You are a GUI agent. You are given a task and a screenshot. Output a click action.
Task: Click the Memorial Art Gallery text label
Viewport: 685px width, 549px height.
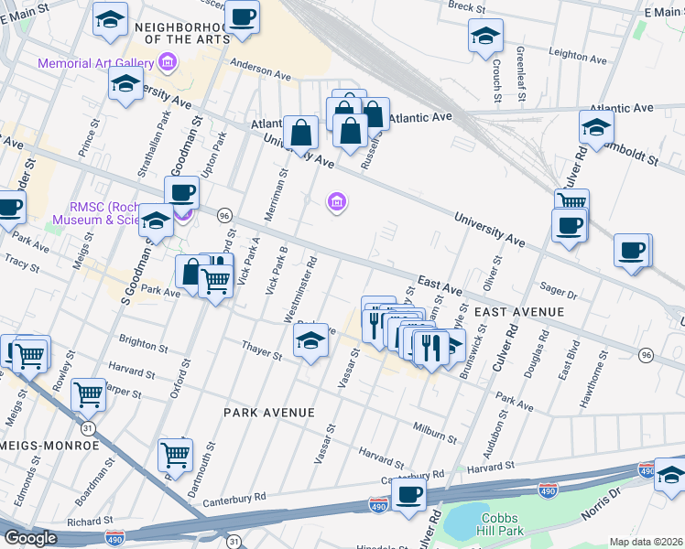[x=95, y=63]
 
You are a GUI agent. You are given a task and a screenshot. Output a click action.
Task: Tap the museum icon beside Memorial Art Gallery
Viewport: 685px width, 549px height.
[x=167, y=62]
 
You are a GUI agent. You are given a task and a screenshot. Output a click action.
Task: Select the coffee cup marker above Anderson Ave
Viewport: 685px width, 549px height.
[x=243, y=18]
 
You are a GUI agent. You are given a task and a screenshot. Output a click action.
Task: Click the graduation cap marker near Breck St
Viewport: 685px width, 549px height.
[x=485, y=37]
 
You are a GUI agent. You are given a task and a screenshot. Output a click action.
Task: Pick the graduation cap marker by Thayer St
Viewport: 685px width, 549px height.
[x=310, y=342]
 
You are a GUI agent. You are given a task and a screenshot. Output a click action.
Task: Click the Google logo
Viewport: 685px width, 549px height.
[x=30, y=538]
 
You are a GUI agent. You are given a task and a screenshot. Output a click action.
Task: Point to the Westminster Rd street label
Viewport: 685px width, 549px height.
[x=300, y=289]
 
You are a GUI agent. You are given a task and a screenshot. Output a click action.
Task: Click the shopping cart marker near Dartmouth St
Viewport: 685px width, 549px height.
[x=174, y=454]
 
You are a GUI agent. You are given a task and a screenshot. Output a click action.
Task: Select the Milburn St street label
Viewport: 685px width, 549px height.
[x=434, y=433]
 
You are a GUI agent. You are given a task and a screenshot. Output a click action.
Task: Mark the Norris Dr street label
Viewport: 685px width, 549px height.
[x=601, y=504]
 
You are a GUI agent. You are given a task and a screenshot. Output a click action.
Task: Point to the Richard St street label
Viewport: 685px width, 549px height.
[x=90, y=522]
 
